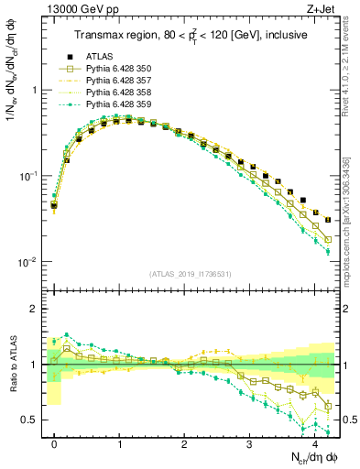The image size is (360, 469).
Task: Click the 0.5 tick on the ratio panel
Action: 33,420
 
